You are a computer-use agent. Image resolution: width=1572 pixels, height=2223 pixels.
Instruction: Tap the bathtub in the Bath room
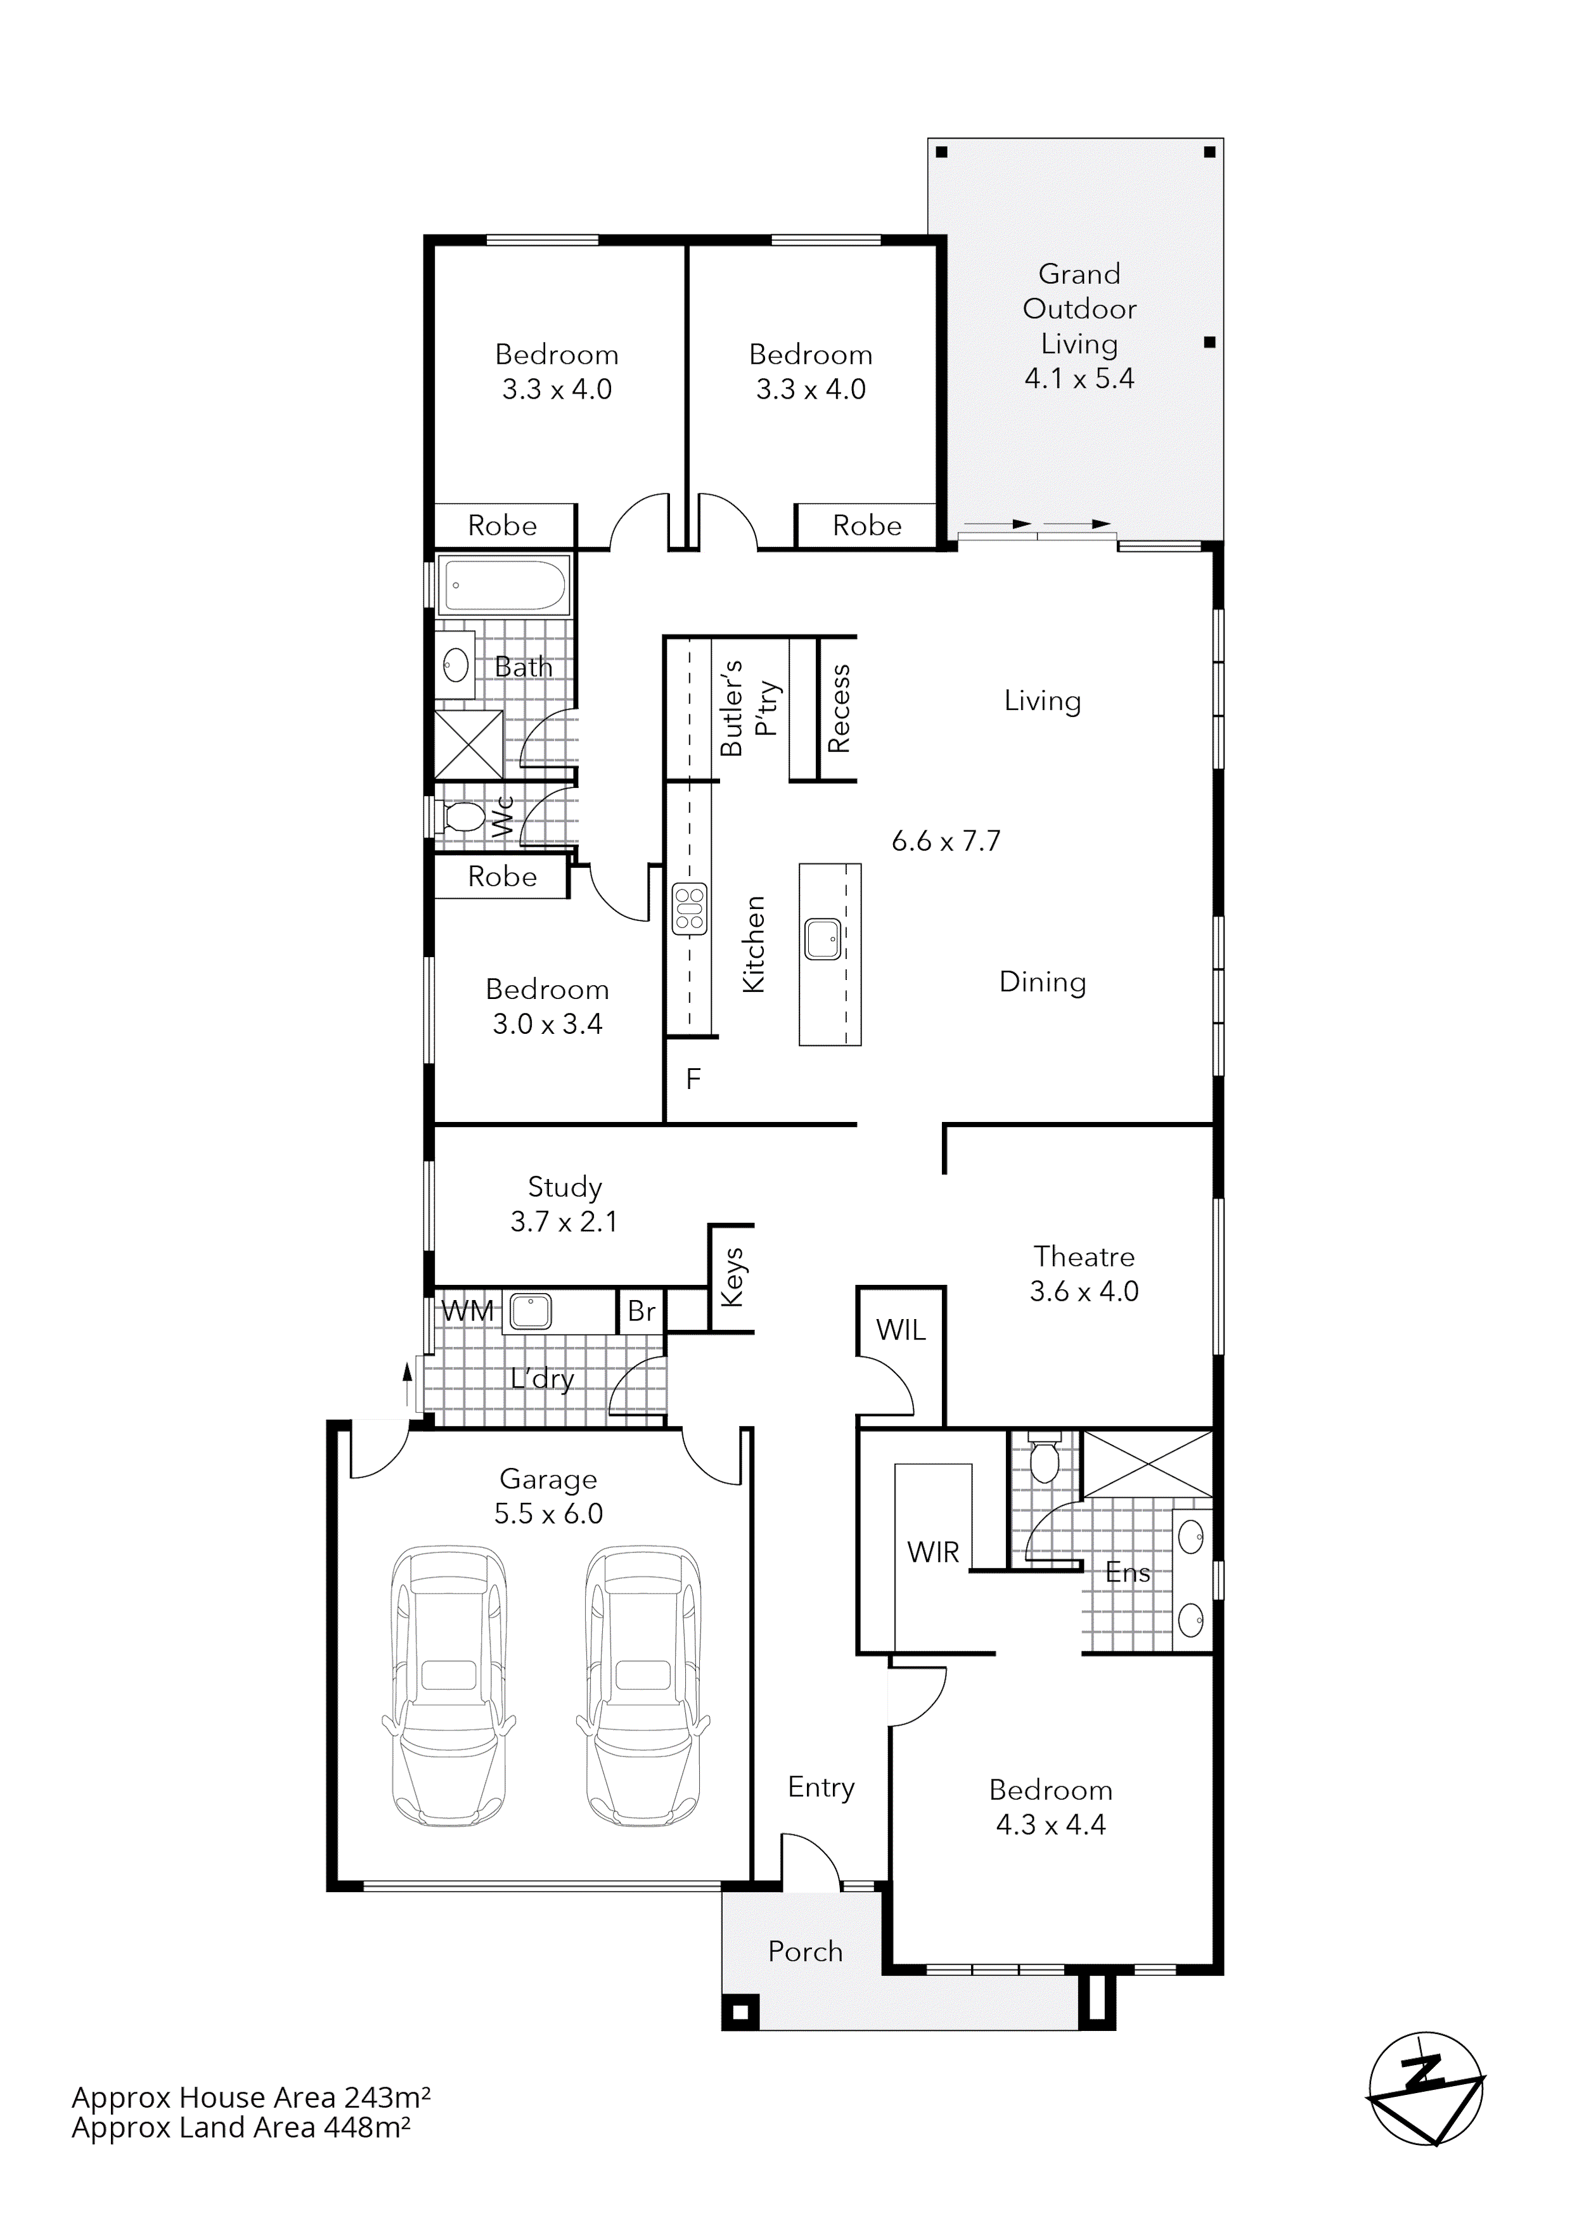point(503,585)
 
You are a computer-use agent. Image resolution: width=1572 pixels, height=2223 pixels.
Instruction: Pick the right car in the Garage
point(643,1685)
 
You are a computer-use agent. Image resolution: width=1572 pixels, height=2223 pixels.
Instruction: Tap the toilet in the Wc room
point(463,817)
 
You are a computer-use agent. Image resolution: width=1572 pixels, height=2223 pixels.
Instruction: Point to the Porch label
point(806,1951)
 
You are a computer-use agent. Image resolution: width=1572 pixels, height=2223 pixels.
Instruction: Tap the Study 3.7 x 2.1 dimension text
point(564,1222)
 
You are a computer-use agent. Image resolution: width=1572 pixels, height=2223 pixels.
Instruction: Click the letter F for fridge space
point(693,1079)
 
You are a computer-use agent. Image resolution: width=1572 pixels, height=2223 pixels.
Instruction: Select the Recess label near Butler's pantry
point(838,709)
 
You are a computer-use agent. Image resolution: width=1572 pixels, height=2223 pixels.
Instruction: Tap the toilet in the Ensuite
point(1043,1460)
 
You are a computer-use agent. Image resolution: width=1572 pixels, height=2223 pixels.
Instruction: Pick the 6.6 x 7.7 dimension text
point(946,841)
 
